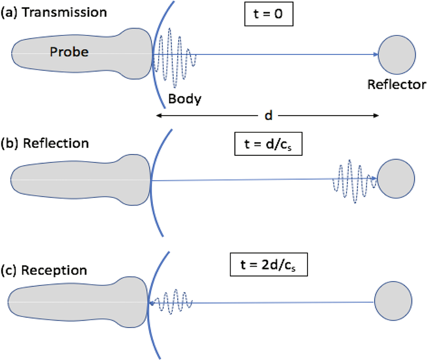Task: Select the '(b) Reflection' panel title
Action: tap(45, 143)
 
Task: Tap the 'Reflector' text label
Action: tap(397, 84)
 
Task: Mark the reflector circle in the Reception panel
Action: tap(393, 301)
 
